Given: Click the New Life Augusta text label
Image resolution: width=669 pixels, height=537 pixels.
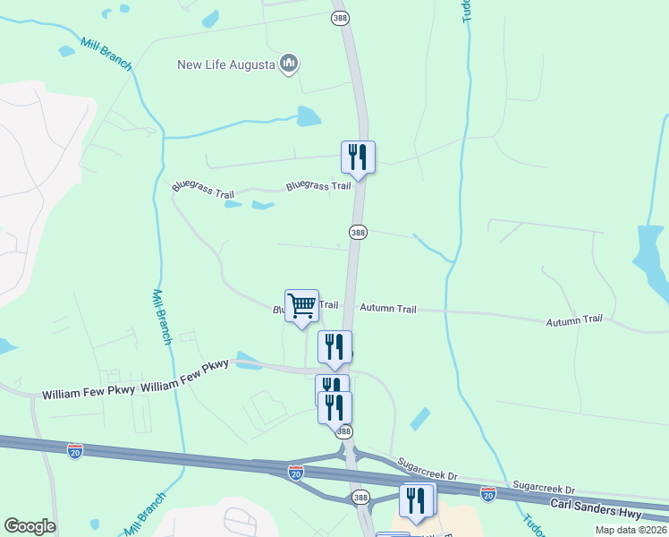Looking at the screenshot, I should [x=227, y=64].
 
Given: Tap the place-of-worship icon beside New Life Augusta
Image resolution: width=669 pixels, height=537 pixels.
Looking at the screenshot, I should [x=288, y=64].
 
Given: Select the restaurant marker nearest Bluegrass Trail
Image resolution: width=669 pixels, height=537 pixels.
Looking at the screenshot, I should [x=358, y=158].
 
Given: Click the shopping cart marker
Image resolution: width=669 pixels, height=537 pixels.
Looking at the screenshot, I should [x=301, y=306].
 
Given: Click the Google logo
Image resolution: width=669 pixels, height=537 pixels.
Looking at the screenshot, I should [x=30, y=526].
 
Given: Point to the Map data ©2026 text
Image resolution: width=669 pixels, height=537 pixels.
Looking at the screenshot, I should [x=631, y=530].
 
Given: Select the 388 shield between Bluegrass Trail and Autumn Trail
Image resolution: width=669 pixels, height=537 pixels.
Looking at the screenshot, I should [x=358, y=232].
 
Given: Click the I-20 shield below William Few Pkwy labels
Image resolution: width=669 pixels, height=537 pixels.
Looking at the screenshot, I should [x=75, y=452].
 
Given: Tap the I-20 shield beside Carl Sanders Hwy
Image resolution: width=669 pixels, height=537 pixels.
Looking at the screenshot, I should [x=488, y=493].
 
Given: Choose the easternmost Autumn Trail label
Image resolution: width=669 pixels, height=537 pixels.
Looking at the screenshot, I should [x=574, y=320].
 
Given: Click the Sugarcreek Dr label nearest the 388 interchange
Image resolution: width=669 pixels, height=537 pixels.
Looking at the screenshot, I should [x=428, y=468].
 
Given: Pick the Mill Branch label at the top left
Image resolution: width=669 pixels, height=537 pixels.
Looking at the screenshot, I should [x=106, y=55].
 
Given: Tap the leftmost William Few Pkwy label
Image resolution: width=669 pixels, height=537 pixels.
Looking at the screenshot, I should [x=89, y=393].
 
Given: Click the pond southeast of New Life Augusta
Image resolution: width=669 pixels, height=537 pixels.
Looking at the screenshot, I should [x=309, y=116].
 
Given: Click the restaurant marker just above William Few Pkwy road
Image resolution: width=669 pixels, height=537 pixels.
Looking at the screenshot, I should [x=334, y=347].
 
